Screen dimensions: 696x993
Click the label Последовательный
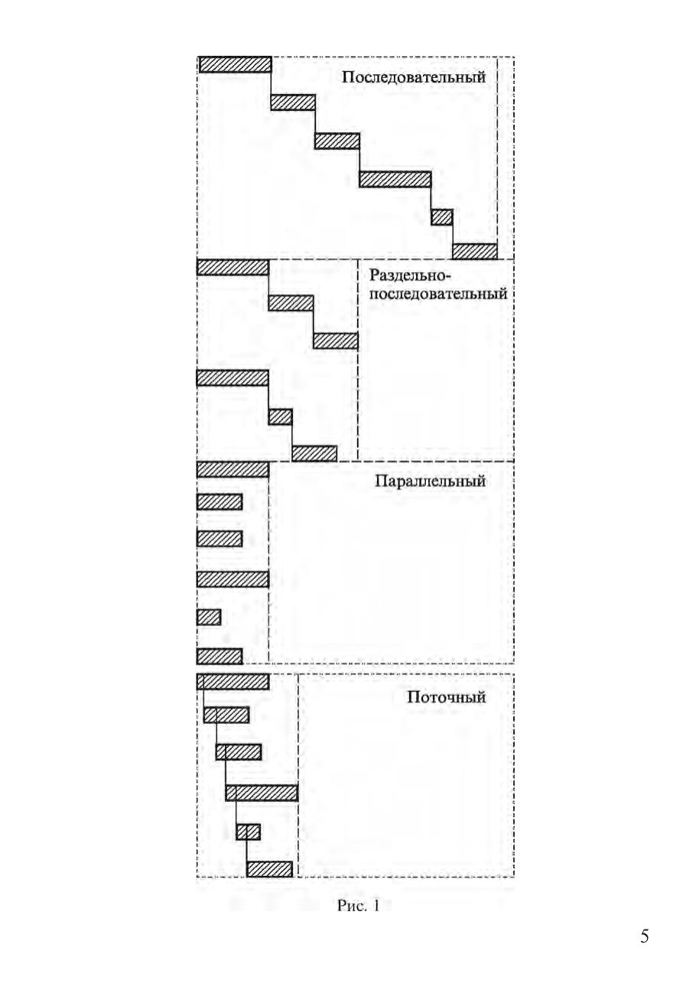click(414, 77)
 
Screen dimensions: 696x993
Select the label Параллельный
click(431, 481)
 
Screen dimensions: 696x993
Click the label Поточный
click(447, 697)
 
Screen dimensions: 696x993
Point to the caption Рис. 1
click(359, 906)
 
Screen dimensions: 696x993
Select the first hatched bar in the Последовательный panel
click(235, 64)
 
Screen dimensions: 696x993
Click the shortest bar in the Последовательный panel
click(442, 217)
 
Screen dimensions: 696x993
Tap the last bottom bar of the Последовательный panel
click(475, 251)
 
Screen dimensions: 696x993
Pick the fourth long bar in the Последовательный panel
click(395, 179)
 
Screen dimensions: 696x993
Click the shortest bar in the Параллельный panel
click(209, 618)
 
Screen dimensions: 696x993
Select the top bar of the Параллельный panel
click(233, 469)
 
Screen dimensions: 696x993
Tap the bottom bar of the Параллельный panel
click(220, 657)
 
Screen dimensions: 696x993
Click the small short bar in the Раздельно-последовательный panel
click(281, 417)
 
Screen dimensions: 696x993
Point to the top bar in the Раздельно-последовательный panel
click(233, 268)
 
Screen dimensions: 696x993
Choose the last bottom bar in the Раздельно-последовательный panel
click(314, 453)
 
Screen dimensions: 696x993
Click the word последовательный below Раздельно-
click(438, 294)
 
